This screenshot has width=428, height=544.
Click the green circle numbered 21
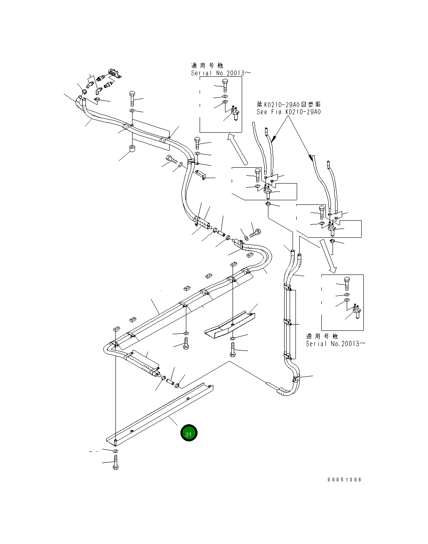pos(189,433)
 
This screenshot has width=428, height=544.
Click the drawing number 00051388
pos(344,479)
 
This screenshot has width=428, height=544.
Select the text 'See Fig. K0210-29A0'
pos(289,112)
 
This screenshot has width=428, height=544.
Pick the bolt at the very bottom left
pos(115,463)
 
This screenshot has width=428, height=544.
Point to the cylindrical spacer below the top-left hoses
pos(131,149)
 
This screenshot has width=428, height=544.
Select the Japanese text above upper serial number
pos(207,65)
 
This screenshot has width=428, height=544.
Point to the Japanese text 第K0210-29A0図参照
pos(289,104)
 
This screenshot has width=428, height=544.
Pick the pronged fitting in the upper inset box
pos(235,111)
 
